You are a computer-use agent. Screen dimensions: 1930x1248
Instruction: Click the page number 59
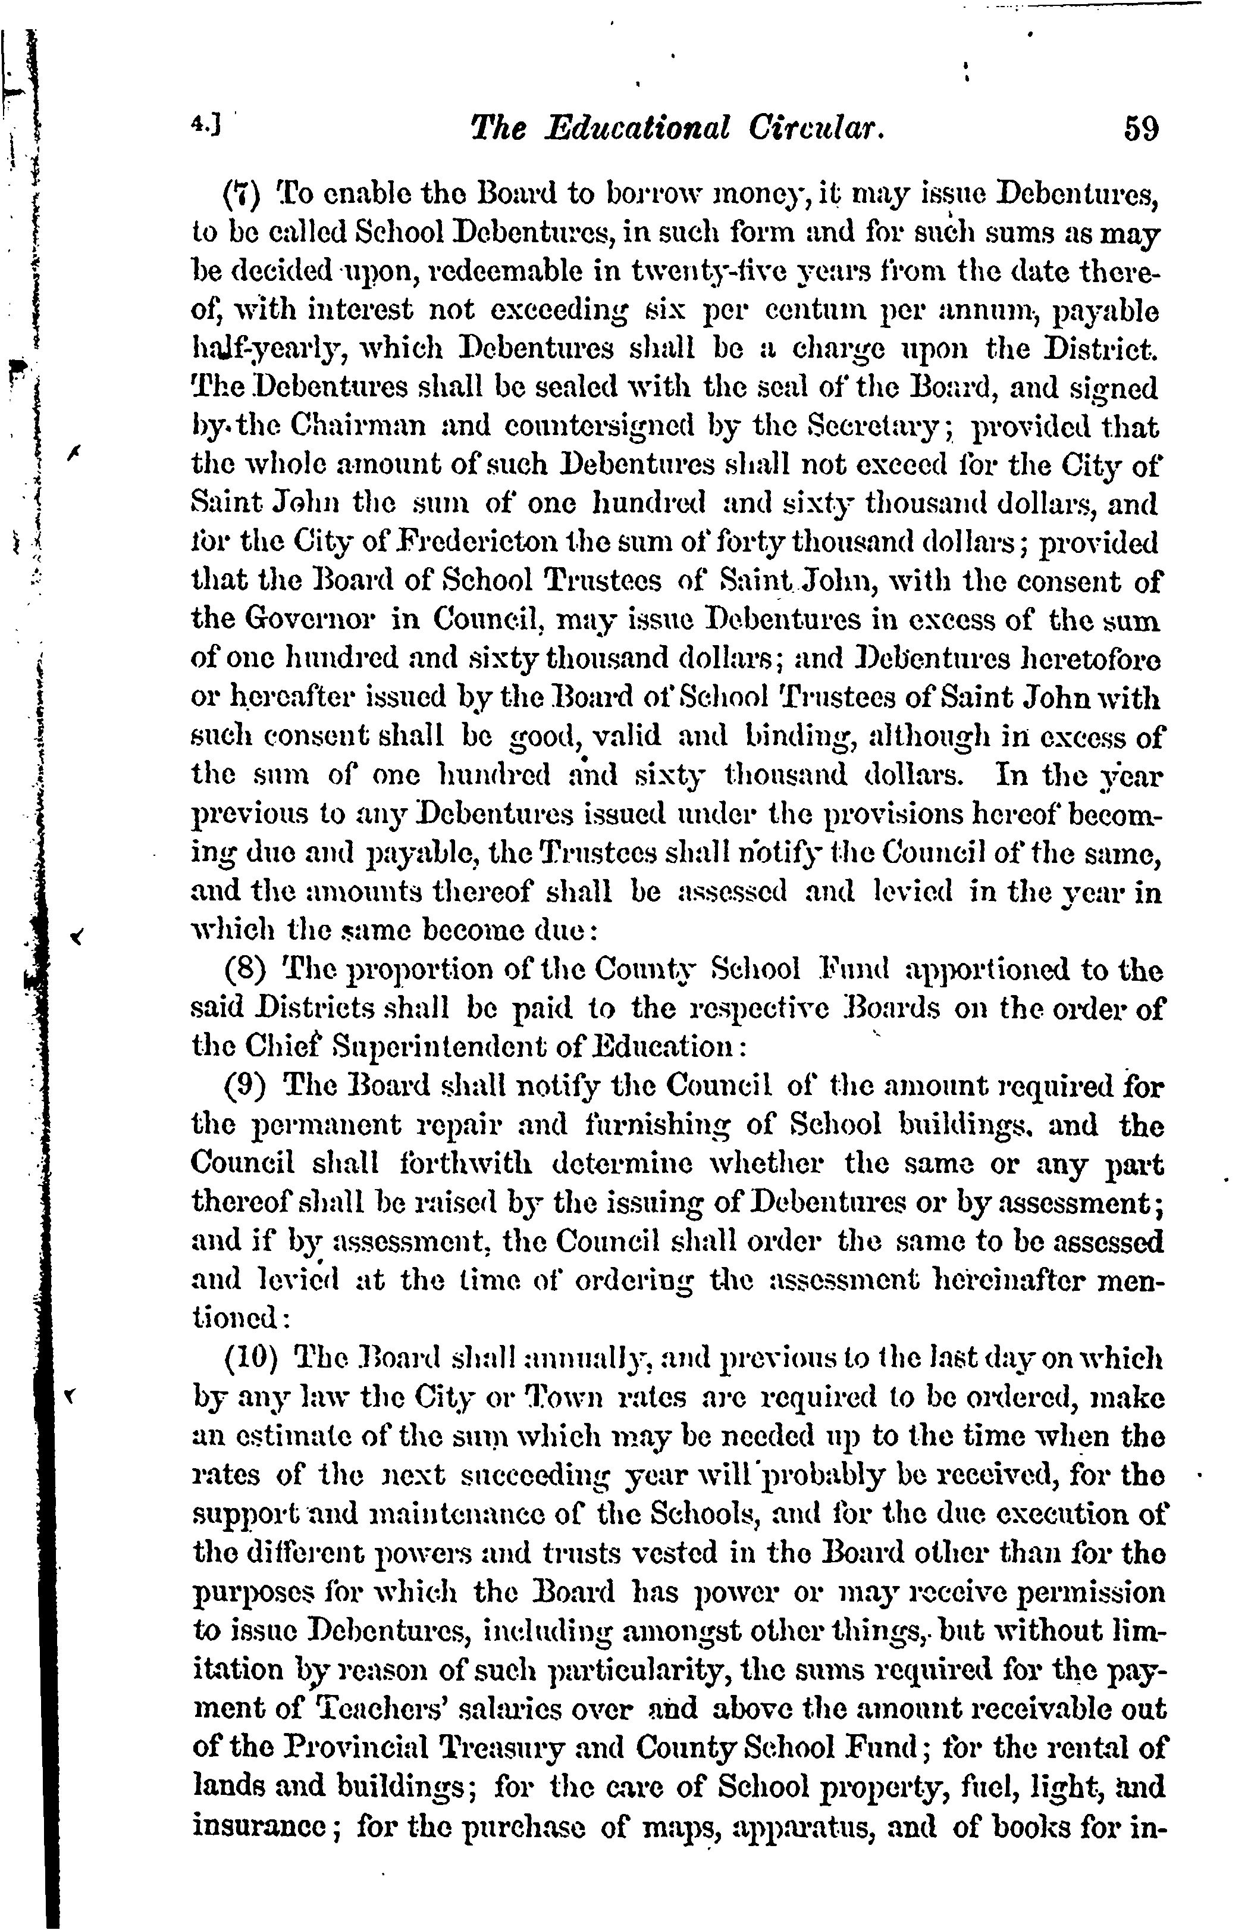(x=1141, y=130)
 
